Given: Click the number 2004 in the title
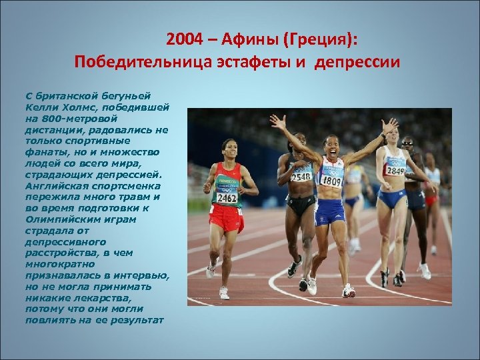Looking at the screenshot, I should tap(183, 39).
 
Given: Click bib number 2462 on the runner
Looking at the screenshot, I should tap(227, 198).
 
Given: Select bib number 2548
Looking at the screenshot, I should tap(301, 177).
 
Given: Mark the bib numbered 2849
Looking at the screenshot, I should tap(396, 171).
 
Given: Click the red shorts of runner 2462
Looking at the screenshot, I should tap(225, 219).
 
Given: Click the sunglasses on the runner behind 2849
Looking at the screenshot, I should tap(408, 143).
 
